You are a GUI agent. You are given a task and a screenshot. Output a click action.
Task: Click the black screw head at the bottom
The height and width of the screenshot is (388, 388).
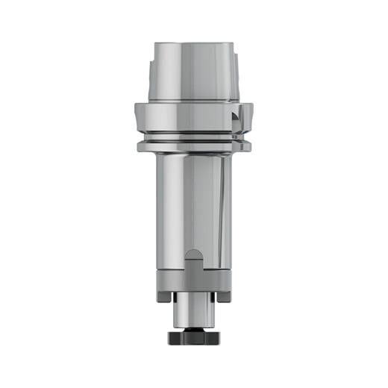pyautogui.click(x=193, y=337)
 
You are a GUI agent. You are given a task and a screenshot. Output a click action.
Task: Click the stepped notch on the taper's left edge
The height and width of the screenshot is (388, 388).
pyautogui.click(x=152, y=72)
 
